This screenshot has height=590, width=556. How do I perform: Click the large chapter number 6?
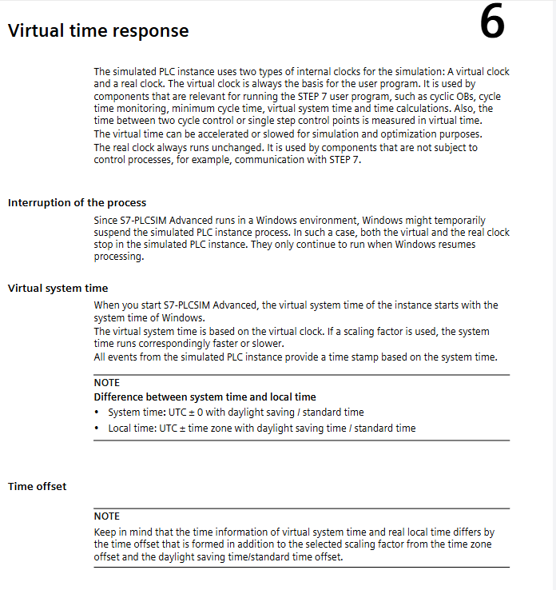point(493,24)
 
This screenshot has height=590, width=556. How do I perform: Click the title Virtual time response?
point(98,31)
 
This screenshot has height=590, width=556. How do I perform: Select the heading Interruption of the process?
point(77,202)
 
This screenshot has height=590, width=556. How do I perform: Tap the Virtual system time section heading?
point(58,288)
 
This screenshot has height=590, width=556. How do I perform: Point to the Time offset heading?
point(37,486)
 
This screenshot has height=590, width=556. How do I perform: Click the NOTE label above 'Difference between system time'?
point(106,383)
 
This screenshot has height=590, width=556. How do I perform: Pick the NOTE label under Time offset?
point(106,516)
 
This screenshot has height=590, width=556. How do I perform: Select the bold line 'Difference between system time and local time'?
point(205,397)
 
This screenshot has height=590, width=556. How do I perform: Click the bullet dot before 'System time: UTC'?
point(97,413)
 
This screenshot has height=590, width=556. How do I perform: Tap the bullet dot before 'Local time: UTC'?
point(97,429)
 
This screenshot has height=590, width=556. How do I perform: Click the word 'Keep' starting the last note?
point(105,532)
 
